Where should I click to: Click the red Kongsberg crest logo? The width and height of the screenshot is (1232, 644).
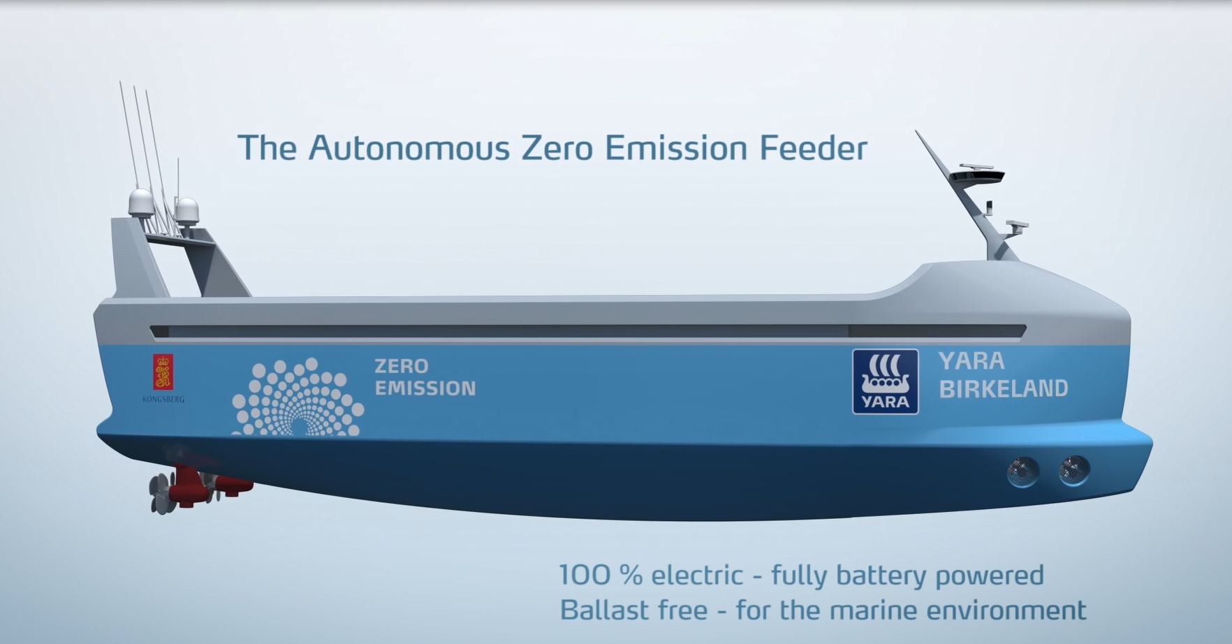click(x=163, y=372)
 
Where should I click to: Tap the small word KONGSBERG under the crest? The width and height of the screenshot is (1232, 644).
click(x=163, y=400)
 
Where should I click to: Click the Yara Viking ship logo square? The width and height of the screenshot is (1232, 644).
click(x=885, y=381)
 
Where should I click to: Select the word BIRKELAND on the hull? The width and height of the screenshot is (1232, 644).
click(x=1003, y=388)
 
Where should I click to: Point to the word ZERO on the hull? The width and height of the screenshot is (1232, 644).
click(x=402, y=366)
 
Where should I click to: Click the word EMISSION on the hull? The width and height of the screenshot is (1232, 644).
click(x=425, y=388)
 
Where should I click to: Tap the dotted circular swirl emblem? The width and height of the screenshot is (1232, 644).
click(x=298, y=397)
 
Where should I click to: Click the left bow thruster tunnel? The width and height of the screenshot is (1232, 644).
click(x=1022, y=472)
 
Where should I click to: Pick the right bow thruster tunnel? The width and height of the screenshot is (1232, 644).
click(x=1073, y=470)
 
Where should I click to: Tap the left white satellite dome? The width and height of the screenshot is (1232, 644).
click(x=141, y=203)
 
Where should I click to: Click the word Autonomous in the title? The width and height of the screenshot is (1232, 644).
click(x=409, y=148)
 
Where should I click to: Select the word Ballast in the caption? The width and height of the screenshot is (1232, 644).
click(x=599, y=610)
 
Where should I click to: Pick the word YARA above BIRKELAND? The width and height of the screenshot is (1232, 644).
click(x=971, y=361)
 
